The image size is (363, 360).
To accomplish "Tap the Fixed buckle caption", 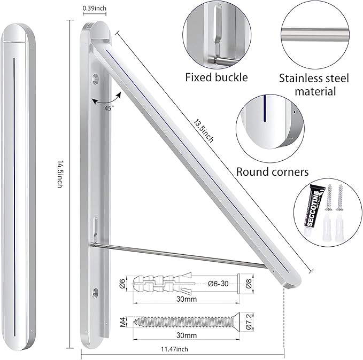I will (x=217, y=77).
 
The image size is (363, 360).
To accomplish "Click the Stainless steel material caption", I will (x=314, y=84).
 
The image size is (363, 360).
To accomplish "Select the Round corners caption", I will (x=272, y=172).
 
